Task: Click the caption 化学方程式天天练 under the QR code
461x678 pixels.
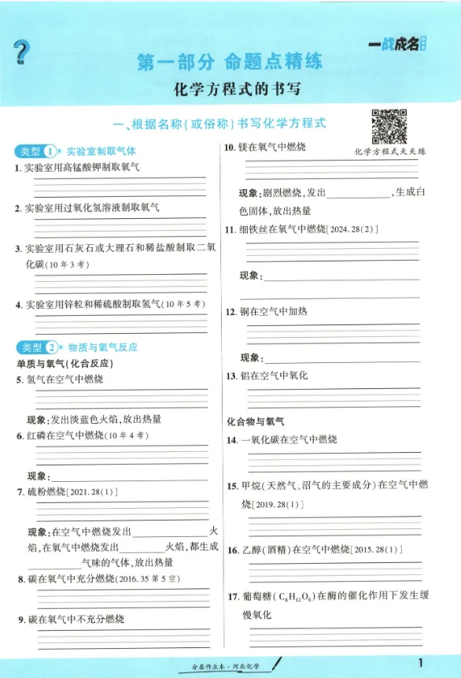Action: click(389, 151)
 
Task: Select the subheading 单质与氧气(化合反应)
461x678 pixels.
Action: click(65, 363)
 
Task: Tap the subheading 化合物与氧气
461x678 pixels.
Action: click(256, 422)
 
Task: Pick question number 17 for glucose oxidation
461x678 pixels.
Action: click(234, 597)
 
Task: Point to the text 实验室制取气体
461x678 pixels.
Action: click(101, 150)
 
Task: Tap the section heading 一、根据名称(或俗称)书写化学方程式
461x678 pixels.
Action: click(219, 124)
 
